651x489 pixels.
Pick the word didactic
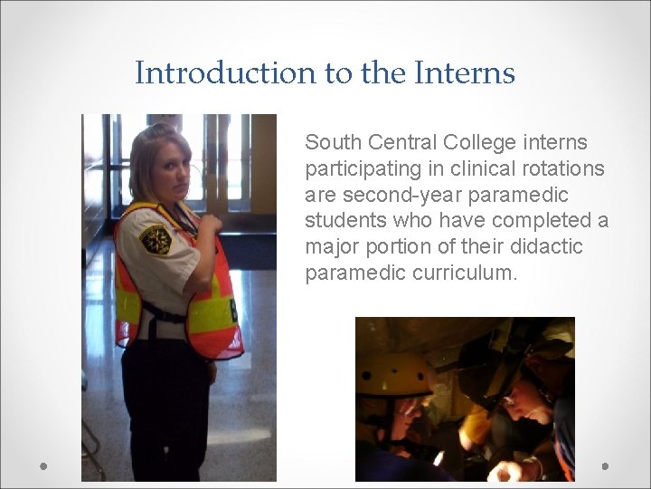tap(545, 247)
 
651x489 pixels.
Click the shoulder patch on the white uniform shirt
tap(156, 240)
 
